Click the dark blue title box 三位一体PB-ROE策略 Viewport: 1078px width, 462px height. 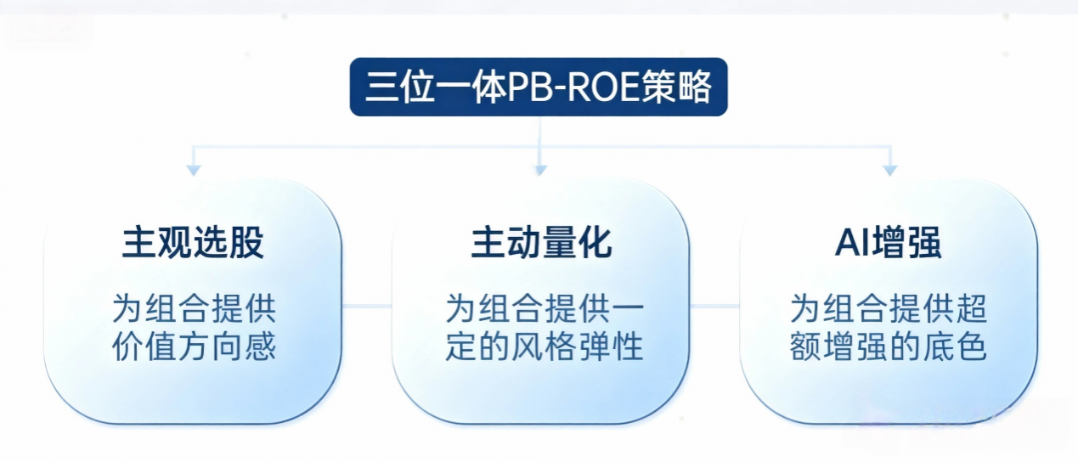click(x=539, y=87)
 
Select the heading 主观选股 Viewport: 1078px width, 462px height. click(x=194, y=243)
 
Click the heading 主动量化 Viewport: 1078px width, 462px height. click(x=541, y=243)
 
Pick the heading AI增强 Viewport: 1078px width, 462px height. click(x=888, y=243)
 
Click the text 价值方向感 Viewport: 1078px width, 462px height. click(x=194, y=347)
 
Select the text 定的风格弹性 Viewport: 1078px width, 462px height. click(x=545, y=347)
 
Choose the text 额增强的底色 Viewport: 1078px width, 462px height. click(x=889, y=347)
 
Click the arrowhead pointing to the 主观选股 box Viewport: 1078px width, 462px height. click(x=194, y=171)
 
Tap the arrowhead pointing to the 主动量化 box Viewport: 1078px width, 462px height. click(x=539, y=171)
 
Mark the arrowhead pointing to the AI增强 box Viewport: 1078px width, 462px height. click(x=889, y=171)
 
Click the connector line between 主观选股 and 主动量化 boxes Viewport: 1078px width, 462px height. click(x=366, y=307)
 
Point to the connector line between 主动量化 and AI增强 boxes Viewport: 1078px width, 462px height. click(x=714, y=307)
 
